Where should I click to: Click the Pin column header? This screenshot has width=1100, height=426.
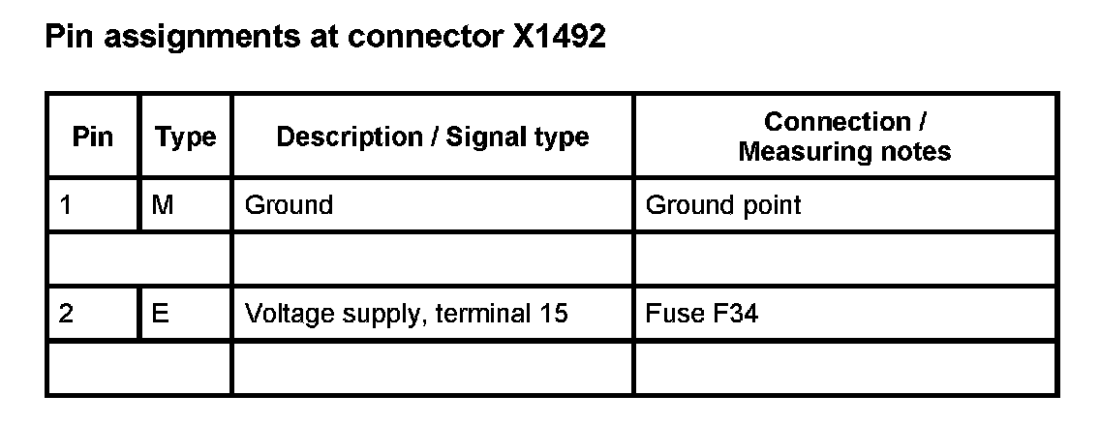[x=92, y=137]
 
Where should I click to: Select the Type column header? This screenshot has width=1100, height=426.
[x=185, y=137]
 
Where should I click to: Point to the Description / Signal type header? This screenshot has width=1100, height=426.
[x=433, y=137]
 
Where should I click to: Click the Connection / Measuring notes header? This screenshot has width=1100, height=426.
[x=844, y=137]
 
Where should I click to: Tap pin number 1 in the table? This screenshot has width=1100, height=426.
[x=66, y=205]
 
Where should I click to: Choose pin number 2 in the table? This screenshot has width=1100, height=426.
[x=67, y=314]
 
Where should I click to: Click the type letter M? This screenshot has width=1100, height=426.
[x=163, y=205]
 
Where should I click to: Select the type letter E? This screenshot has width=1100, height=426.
[x=162, y=314]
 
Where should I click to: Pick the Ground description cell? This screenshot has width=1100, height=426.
[x=289, y=205]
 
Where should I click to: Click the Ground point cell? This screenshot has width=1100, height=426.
[x=723, y=205]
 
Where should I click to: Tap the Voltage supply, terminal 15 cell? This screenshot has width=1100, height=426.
[x=406, y=314]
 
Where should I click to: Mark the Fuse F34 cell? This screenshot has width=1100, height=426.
[x=701, y=314]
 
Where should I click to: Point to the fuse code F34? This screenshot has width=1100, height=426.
[x=728, y=314]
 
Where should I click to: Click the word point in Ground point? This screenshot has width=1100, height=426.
[x=773, y=206]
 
